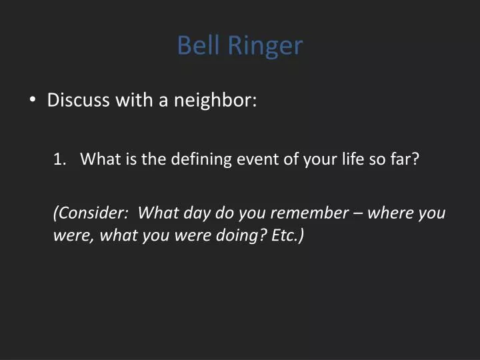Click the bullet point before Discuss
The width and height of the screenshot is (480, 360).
tap(33, 101)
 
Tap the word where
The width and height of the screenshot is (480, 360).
tap(390, 213)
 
